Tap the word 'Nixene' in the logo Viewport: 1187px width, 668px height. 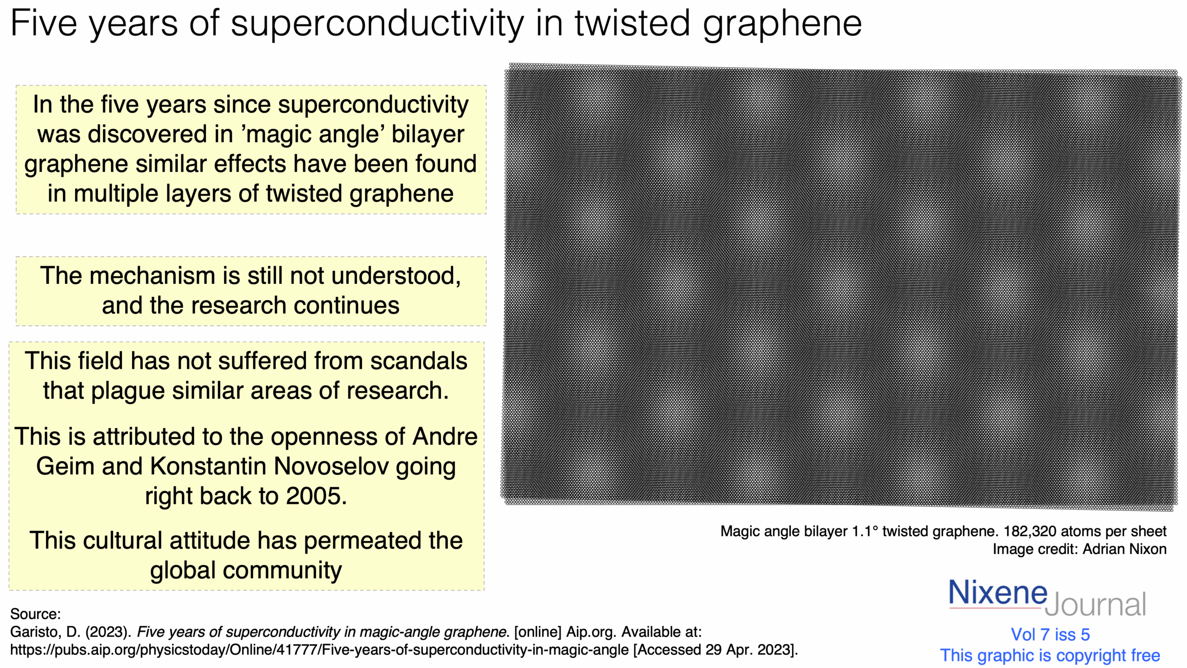(998, 593)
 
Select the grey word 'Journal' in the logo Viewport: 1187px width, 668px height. (1095, 604)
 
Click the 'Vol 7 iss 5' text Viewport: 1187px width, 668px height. (1050, 635)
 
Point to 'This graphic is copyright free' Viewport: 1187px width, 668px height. (1050, 655)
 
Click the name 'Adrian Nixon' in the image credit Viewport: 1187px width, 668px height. (1124, 549)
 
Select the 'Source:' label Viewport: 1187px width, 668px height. (36, 614)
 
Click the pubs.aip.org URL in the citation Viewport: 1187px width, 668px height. (319, 650)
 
